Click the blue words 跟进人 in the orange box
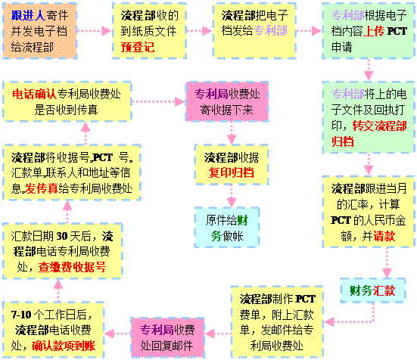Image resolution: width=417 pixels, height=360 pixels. pyautogui.click(x=28, y=15)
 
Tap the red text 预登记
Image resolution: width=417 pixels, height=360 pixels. pyautogui.click(x=138, y=48)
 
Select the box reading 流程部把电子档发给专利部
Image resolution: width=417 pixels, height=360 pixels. pyautogui.click(x=254, y=31)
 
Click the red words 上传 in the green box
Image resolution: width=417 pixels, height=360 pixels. pyautogui.click(x=374, y=31)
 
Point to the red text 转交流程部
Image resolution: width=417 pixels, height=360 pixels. pyautogui.click(x=379, y=126)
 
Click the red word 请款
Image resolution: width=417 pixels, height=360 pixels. pyautogui.click(x=384, y=236)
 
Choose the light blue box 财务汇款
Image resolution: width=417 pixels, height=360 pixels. pyautogui.click(x=373, y=290)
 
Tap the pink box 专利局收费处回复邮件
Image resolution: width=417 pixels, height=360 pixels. pyautogui.click(x=167, y=337)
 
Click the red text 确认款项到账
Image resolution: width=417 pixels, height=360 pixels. pyautogui.click(x=64, y=346)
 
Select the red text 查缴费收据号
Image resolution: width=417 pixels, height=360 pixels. pyautogui.click(x=72, y=267)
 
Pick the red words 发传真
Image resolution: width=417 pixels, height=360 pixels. pyautogui.click(x=41, y=188)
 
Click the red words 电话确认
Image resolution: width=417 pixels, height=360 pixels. pyautogui.click(x=34, y=94)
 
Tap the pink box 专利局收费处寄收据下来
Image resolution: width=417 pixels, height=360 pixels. pyautogui.click(x=227, y=102)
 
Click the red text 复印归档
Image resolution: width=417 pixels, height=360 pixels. pyautogui.click(x=231, y=172)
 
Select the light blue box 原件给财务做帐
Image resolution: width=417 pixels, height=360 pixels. pyautogui.click(x=227, y=228)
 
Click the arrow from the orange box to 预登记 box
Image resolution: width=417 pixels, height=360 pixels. pyautogui.click(x=94, y=31)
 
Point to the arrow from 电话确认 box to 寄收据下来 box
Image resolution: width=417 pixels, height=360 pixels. pyautogui.click(x=158, y=101)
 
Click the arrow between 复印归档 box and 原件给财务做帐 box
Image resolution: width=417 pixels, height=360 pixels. pyautogui.click(x=232, y=196)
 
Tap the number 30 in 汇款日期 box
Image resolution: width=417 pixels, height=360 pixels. pyautogui.click(x=62, y=236)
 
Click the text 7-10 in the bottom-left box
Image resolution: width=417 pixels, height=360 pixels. pyautogui.click(x=21, y=315)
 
